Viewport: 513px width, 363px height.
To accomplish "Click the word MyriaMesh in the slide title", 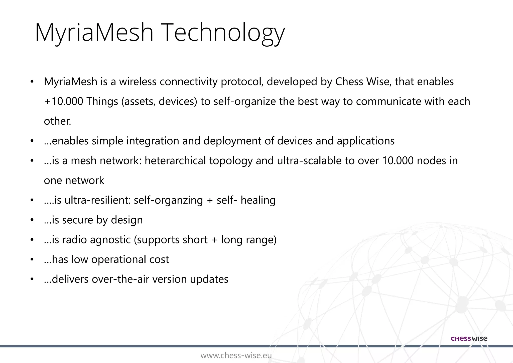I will click(94, 33).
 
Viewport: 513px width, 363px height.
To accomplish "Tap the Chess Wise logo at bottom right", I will click(469, 339).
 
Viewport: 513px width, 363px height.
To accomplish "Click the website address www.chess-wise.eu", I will click(236, 355).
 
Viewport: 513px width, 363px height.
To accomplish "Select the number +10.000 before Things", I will click(63, 102).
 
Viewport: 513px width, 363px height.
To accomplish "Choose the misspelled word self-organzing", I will click(168, 200).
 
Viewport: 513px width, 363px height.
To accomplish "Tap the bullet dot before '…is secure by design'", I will click(32, 220).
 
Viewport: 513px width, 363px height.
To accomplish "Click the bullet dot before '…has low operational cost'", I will click(32, 259).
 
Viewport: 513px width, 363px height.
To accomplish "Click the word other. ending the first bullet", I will click(58, 121).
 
